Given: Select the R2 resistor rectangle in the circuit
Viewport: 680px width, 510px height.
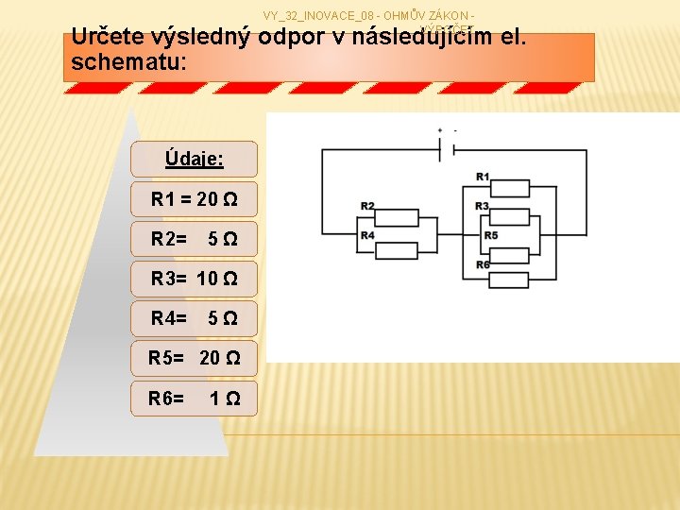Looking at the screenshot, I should click(x=399, y=218).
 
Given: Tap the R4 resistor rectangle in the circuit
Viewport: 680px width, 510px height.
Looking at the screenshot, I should click(x=399, y=248).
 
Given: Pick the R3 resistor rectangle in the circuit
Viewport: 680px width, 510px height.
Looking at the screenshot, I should click(x=510, y=218).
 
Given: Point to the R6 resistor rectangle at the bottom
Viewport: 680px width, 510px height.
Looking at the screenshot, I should click(x=510, y=279).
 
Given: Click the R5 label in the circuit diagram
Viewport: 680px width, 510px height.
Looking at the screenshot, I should click(x=490, y=235).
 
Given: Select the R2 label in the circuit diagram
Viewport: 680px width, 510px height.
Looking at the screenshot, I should click(x=367, y=206).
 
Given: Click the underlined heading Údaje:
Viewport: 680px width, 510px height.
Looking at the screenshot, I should click(x=194, y=159).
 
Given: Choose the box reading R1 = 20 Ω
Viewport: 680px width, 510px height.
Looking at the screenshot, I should click(x=194, y=200).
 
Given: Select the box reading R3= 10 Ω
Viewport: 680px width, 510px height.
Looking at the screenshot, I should click(x=194, y=279).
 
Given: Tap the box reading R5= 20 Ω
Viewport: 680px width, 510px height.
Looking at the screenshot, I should click(x=194, y=358).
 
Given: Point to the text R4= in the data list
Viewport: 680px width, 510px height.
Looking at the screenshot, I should click(x=168, y=318).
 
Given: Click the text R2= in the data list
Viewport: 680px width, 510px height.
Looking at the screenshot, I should click(x=168, y=240).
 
